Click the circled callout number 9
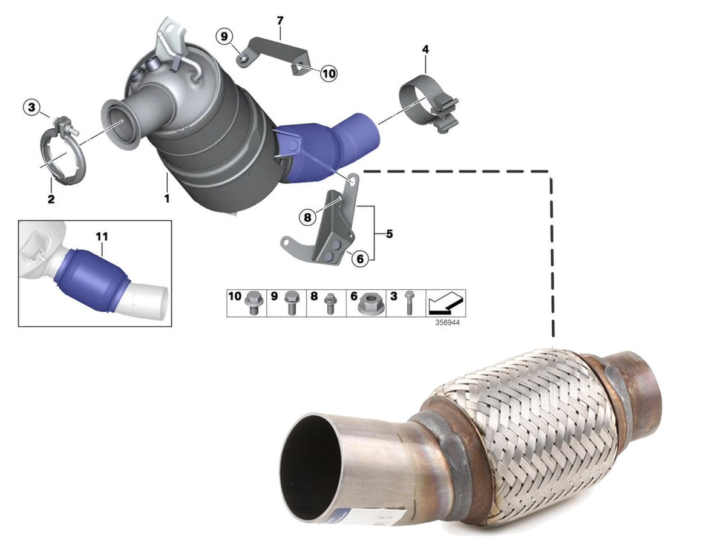[224, 36]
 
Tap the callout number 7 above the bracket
[280, 21]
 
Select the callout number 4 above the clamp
[425, 49]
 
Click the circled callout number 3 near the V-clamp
[31, 107]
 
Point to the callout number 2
[51, 199]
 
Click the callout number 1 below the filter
[167, 198]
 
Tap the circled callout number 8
[307, 217]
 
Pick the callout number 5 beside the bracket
[389, 234]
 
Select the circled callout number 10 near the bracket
[329, 73]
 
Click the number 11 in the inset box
[102, 237]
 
